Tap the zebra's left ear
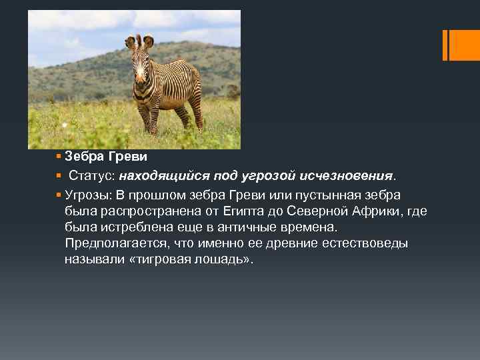point(129,42)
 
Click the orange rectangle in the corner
point(461,45)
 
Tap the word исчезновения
point(359,176)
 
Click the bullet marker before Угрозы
point(59,195)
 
